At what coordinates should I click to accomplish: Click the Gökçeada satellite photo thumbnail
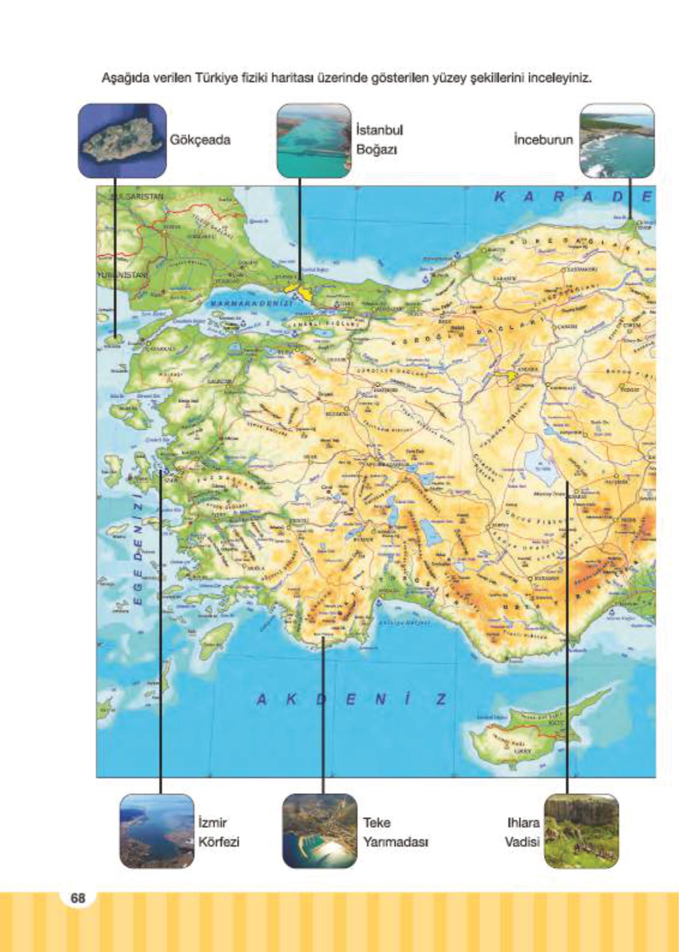coord(122,140)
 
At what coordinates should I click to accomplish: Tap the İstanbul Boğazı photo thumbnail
coord(314,140)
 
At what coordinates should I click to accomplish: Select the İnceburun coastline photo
coord(616,140)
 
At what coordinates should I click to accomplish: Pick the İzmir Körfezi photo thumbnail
coord(157,831)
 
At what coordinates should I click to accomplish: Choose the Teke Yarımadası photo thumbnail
coord(320,831)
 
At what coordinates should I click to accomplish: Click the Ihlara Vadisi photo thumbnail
coord(580,831)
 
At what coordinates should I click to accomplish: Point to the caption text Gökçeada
coord(200,140)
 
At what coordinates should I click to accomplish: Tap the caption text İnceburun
coord(543,140)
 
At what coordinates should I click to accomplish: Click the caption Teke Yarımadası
coord(395,832)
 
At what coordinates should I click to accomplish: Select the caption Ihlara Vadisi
coord(522,832)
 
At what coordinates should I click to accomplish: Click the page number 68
coord(78,898)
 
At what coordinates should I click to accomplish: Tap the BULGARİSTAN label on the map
coord(136,196)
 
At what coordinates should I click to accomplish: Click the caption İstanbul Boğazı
coord(379,140)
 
